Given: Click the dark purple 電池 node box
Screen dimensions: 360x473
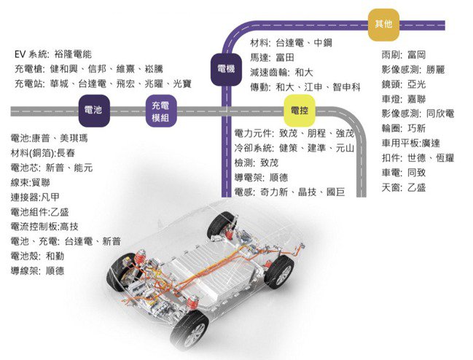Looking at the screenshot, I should pyautogui.click(x=93, y=111).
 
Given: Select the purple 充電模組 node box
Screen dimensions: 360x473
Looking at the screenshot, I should pyautogui.click(x=160, y=111).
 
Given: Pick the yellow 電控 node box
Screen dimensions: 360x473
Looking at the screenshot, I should pyautogui.click(x=299, y=111).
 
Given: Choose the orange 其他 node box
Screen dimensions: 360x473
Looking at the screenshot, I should pyautogui.click(x=383, y=24).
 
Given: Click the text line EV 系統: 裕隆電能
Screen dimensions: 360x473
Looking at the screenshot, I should pyautogui.click(x=53, y=54).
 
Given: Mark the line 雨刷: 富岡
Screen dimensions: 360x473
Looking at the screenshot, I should pyautogui.click(x=404, y=55).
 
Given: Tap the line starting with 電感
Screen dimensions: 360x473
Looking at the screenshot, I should pyautogui.click(x=289, y=192).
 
